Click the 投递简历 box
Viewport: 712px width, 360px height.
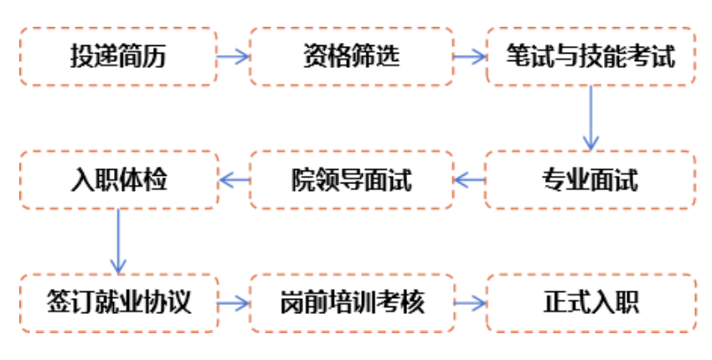pos(118,56)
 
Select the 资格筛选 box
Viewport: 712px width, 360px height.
pos(351,56)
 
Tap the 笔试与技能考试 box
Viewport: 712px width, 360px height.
pos(591,56)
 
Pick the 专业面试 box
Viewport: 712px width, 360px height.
pos(591,179)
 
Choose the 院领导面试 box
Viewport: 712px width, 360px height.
pos(351,179)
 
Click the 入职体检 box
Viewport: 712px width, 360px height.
pos(118,179)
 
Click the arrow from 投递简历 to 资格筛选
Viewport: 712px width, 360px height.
pos(234,57)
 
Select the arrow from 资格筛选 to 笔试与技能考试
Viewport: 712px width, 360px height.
pos(470,57)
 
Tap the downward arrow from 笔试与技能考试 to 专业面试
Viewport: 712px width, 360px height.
pos(591,117)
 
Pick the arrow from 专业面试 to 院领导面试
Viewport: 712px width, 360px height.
pos(470,179)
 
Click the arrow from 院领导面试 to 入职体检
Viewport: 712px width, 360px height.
pos(234,179)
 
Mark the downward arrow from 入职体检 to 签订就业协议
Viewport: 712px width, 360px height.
pos(118,239)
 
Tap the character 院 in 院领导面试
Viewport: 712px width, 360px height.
pos(302,179)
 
